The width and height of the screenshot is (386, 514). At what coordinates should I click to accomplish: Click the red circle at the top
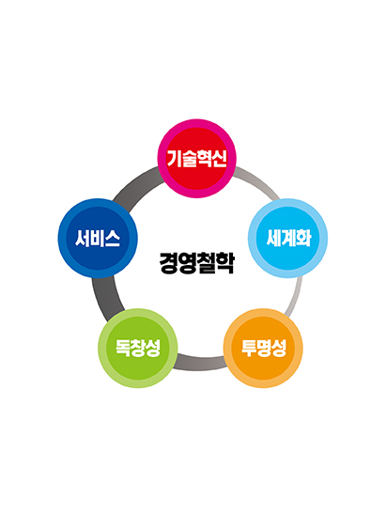click(x=196, y=159)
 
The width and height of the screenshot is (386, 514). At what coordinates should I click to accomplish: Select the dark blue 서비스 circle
click(x=98, y=238)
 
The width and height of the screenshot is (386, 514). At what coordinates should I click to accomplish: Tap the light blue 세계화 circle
click(x=287, y=238)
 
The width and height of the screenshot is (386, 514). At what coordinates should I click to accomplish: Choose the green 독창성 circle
click(x=138, y=348)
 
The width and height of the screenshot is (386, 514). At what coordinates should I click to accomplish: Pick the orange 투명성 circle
click(x=263, y=348)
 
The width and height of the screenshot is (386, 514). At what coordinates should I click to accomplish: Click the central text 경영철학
click(x=197, y=262)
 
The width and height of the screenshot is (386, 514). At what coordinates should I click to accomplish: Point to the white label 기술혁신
click(x=196, y=158)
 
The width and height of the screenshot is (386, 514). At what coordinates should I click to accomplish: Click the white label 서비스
click(x=98, y=238)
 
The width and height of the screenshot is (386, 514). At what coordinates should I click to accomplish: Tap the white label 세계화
click(x=288, y=238)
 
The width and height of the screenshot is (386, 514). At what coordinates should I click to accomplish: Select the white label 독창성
click(x=138, y=348)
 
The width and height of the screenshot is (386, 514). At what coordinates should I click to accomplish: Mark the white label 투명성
click(x=264, y=348)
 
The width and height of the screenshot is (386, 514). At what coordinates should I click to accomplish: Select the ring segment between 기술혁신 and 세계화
click(x=258, y=181)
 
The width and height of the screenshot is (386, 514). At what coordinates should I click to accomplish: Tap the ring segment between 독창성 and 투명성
click(x=200, y=363)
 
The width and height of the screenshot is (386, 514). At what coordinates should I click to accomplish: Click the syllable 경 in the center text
click(x=168, y=262)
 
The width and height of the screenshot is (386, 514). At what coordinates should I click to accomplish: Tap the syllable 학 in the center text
click(x=225, y=262)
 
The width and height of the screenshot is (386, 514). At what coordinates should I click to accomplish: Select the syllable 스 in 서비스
click(x=113, y=239)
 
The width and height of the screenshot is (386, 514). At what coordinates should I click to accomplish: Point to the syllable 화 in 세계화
click(x=303, y=238)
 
